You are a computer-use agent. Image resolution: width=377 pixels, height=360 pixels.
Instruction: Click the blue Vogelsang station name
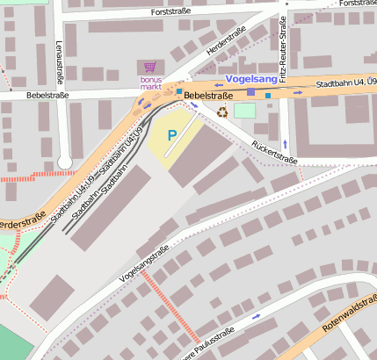(x=252, y=79)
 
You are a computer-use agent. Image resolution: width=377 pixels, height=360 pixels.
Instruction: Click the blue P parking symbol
(x=172, y=135)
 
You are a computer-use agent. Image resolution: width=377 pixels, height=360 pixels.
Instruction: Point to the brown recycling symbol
(x=222, y=111)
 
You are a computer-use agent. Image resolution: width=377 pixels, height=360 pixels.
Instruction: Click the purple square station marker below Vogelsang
(x=250, y=91)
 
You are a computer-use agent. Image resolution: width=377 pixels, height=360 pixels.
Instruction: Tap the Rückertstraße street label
(x=274, y=153)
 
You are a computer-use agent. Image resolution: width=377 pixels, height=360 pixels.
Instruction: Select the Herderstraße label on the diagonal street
(x=226, y=43)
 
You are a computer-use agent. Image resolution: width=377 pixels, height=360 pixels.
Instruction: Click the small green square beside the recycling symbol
(x=244, y=111)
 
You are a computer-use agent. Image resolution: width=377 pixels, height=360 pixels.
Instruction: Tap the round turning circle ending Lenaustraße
(x=63, y=162)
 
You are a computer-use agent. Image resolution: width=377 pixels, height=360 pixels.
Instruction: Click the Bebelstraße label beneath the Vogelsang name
(x=208, y=94)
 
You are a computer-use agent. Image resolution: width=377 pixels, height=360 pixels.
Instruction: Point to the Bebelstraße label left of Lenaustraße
(x=46, y=94)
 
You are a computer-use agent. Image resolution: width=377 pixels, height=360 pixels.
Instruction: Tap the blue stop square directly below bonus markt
(x=179, y=91)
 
